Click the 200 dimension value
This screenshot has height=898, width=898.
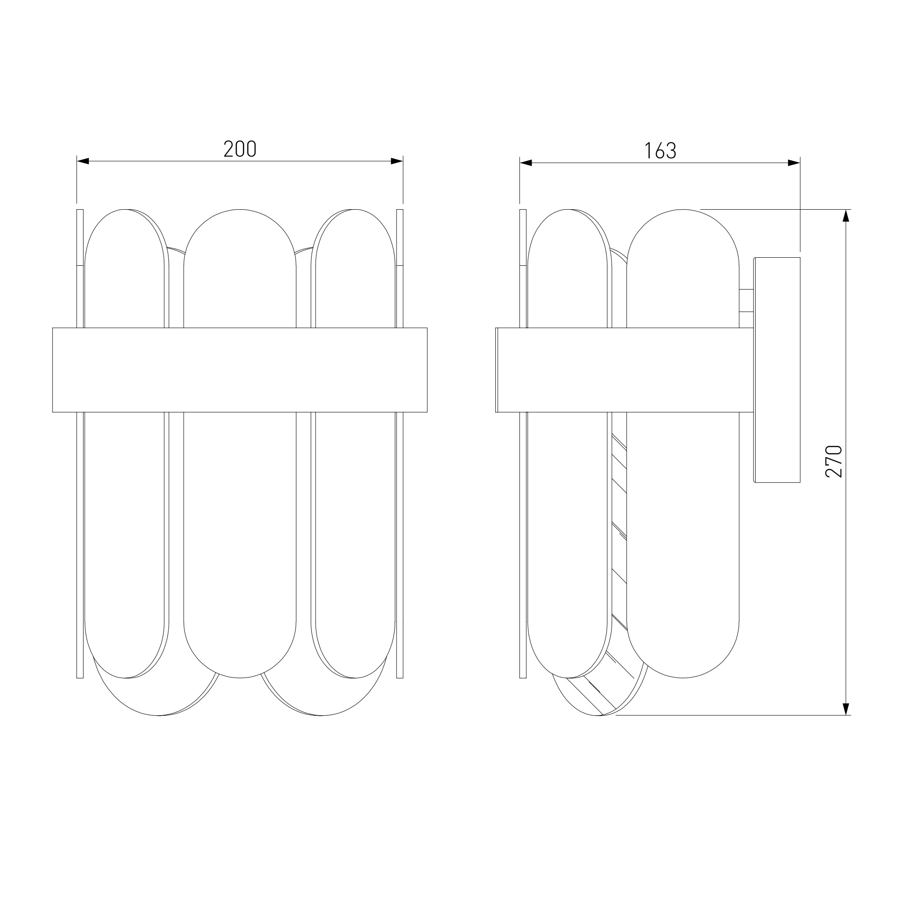240,149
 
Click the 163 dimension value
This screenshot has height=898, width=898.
660,150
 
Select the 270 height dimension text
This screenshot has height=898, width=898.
834,461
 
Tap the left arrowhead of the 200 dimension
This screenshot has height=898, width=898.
83,161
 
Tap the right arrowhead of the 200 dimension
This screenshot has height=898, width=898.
396,161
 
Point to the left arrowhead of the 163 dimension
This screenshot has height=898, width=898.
526,163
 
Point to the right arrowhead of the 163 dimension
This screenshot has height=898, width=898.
794,163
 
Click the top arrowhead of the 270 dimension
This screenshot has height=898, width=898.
846,216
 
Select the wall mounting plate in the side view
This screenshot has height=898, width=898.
777,370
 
